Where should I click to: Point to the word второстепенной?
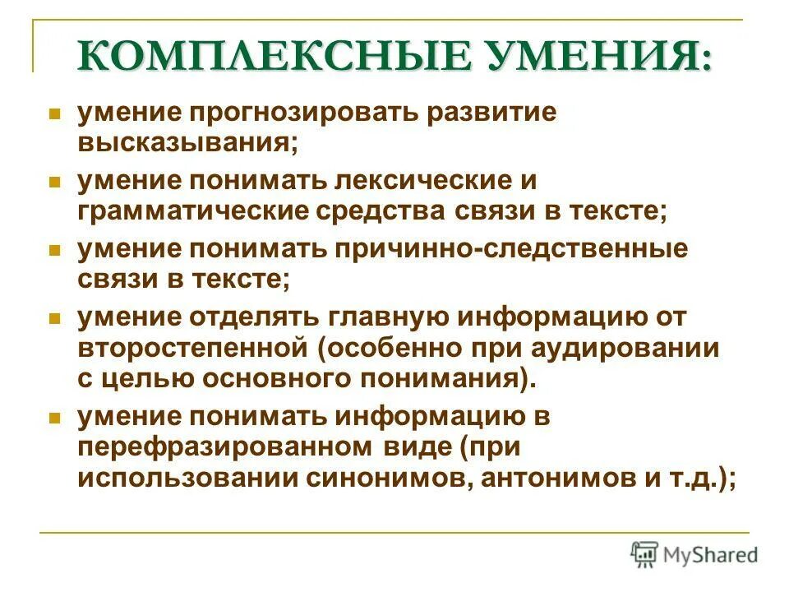192,348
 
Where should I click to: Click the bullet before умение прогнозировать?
56,113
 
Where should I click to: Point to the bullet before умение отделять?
56,317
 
